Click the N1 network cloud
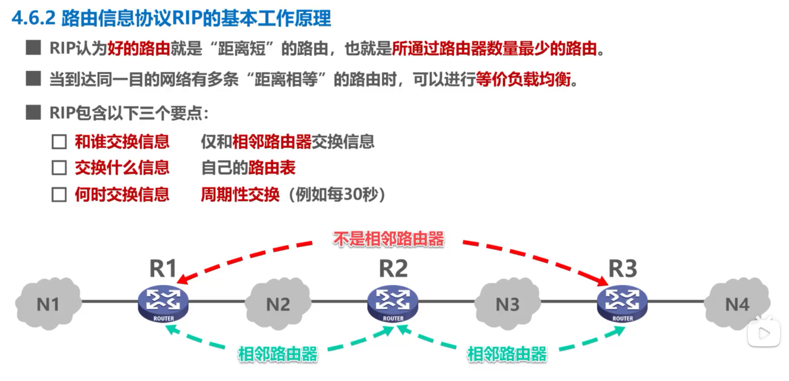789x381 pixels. tap(48, 303)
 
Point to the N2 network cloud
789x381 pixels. tap(278, 303)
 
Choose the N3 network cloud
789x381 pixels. tap(507, 303)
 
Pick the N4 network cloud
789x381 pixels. tap(737, 303)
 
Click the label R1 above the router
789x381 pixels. tap(163, 269)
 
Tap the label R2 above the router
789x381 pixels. tap(393, 269)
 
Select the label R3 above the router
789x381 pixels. tap(623, 269)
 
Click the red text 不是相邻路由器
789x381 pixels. tap(389, 240)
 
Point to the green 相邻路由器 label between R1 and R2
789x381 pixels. tap(278, 354)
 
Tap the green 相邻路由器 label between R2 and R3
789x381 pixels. tap(507, 354)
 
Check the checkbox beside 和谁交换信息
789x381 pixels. tap(58, 142)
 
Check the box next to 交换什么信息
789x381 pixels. tap(58, 168)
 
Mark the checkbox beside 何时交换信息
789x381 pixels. tap(58, 194)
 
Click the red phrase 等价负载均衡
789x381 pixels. tap(523, 80)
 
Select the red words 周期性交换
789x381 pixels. tap(240, 194)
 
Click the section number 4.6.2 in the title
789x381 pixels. tap(33, 18)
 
